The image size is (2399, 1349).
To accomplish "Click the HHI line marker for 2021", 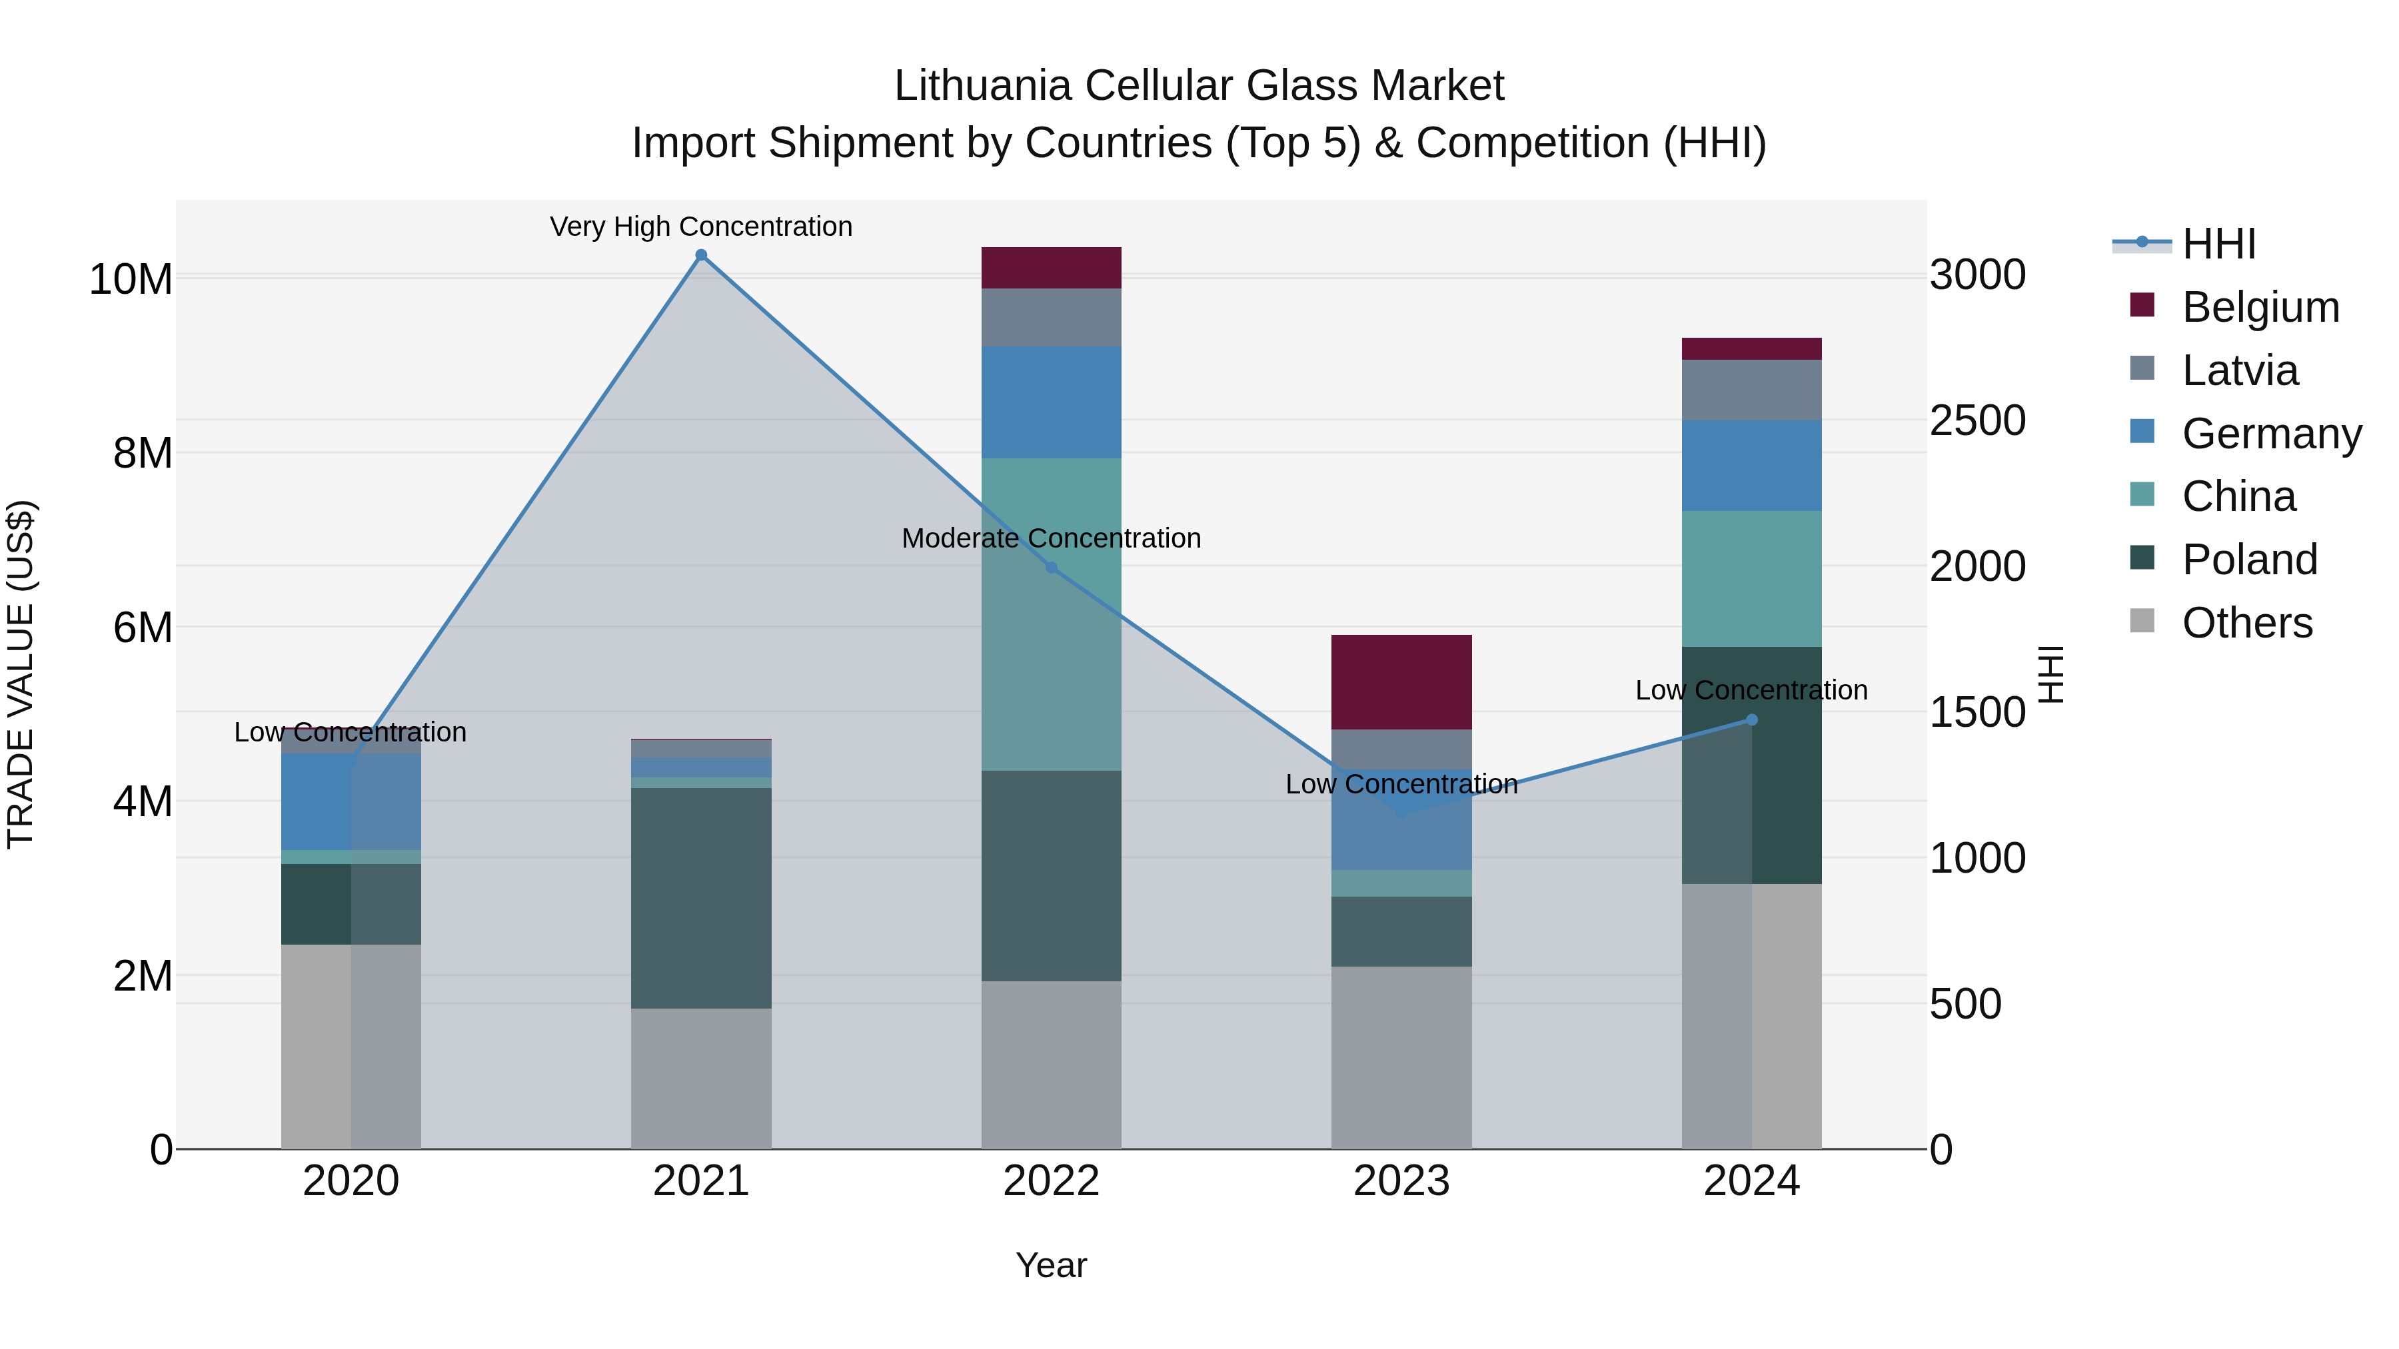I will click(x=701, y=255).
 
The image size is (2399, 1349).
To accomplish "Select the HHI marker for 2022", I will click(x=1052, y=567).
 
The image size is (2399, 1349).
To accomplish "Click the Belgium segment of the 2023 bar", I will click(x=1401, y=681).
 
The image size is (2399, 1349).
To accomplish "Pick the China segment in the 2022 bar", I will click(x=1052, y=614).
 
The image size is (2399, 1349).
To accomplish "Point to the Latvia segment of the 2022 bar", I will click(x=1052, y=318).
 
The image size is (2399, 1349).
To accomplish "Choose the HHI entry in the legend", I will click(x=2218, y=244).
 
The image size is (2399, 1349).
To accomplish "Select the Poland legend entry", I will click(x=2248, y=560).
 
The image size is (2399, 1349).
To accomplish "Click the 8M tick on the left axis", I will click(x=143, y=454).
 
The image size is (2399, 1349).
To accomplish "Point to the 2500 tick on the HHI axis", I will click(x=1977, y=421).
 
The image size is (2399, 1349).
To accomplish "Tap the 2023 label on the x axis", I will click(x=1401, y=1181).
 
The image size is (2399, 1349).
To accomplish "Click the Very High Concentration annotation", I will click(x=701, y=226).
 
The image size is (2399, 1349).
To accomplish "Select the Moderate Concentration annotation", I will click(x=1052, y=538).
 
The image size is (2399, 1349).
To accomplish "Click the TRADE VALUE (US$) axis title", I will click(x=21, y=674).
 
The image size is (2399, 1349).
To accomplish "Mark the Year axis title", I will click(x=1052, y=1265).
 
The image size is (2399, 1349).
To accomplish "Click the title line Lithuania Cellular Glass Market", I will click(x=1199, y=86).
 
